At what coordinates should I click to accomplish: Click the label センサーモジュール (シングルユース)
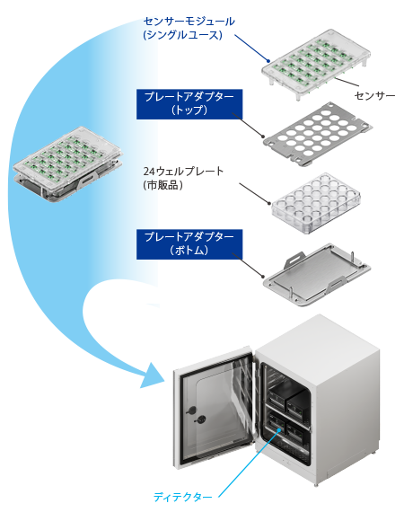point(189,28)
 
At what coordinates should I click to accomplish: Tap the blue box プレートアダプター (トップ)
point(189,104)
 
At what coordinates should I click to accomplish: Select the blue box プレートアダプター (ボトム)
point(189,244)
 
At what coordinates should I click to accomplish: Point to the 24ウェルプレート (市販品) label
point(183,178)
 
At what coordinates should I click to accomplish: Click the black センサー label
point(374,96)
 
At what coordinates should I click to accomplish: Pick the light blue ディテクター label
point(182,497)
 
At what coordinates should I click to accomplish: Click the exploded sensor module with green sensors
point(316,64)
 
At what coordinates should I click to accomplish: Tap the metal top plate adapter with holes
point(318,134)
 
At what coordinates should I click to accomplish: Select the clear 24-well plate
point(316,203)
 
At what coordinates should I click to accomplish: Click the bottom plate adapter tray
point(317,275)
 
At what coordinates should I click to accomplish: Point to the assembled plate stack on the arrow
point(68,164)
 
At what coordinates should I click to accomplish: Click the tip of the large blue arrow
point(165,379)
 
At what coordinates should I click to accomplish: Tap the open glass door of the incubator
point(215,407)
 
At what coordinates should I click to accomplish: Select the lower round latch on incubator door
point(201,420)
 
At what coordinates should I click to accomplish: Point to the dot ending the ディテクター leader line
point(280,429)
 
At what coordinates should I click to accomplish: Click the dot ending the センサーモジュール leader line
point(268,61)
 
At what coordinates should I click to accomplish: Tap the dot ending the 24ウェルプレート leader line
point(269,203)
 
